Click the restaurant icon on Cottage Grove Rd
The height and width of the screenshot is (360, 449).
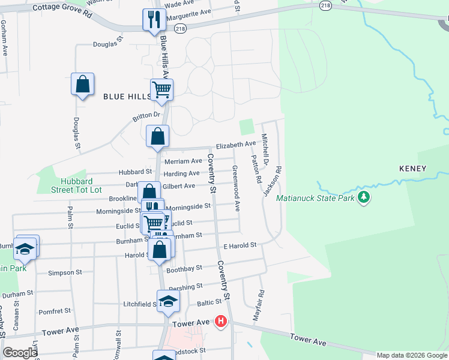tap(154, 20)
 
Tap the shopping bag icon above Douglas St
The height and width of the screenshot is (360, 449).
tap(83, 85)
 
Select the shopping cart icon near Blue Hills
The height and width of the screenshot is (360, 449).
tap(161, 90)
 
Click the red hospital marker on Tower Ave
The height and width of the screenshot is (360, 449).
tap(221, 322)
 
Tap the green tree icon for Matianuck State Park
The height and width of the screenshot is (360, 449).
tap(363, 197)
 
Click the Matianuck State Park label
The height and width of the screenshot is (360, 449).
tap(315, 198)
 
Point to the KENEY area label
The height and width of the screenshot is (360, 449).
tap(412, 169)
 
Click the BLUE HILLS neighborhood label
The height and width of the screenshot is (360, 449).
tap(128, 96)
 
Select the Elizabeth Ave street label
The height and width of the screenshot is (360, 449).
tap(236, 145)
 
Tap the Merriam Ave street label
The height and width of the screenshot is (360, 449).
tap(183, 161)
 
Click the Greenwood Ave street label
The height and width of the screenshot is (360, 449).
tap(237, 188)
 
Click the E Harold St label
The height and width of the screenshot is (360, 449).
tap(240, 245)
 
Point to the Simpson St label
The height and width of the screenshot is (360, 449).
tap(65, 272)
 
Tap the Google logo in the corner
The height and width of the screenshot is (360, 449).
tap(20, 353)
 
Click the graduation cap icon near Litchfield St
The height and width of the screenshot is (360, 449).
tap(168, 302)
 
